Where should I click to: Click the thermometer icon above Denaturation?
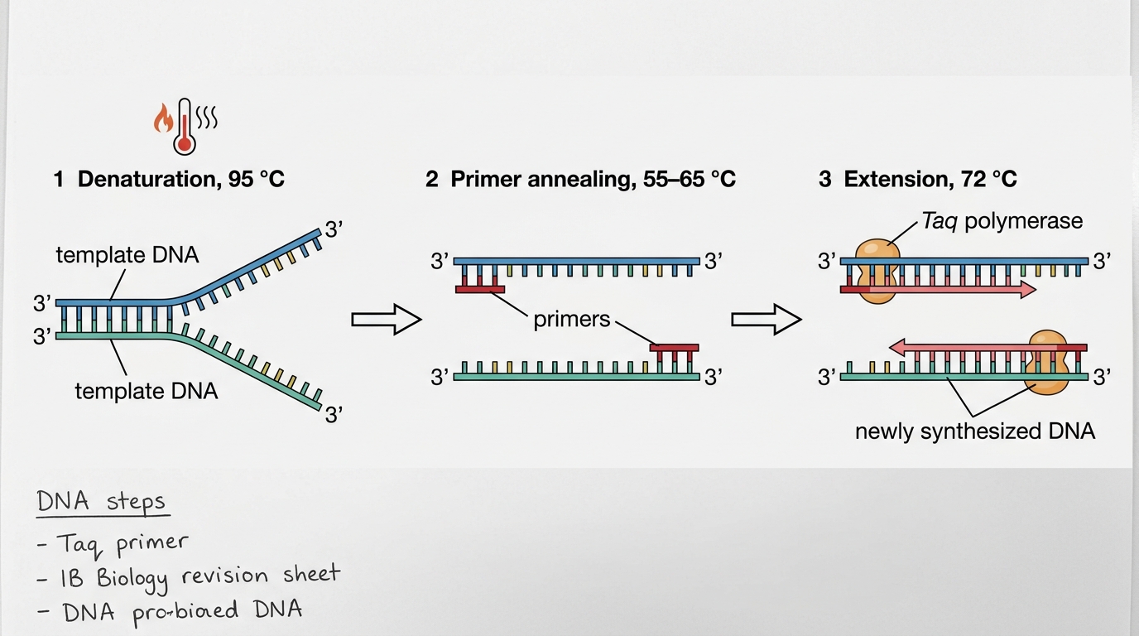(184, 127)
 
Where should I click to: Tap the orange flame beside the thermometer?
(163, 118)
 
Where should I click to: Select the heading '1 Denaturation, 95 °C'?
(169, 179)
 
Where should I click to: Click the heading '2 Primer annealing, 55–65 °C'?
(581, 179)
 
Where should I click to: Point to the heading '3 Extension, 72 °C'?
(918, 179)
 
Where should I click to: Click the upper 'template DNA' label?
(127, 255)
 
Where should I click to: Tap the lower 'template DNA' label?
(147, 391)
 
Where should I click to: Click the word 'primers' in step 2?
(571, 320)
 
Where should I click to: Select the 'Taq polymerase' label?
(1002, 221)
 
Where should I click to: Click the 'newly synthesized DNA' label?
(975, 431)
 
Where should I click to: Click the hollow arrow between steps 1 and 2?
(387, 320)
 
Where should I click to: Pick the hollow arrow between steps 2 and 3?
(767, 320)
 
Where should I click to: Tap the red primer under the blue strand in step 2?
(480, 290)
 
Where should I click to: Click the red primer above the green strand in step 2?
(675, 348)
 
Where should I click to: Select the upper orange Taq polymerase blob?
(877, 272)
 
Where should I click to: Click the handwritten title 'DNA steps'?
(101, 502)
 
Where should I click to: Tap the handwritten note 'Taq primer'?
(122, 545)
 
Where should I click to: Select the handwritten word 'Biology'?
(132, 580)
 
